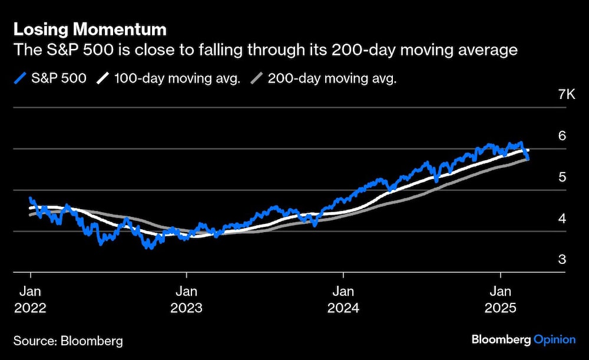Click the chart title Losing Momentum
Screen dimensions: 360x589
pos(90,29)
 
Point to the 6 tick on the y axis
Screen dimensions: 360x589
pos(562,136)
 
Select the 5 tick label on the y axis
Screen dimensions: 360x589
pos(562,177)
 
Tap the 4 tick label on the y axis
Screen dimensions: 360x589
pos(562,218)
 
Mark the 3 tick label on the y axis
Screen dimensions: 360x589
pos(562,259)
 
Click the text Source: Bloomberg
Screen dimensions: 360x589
pos(68,340)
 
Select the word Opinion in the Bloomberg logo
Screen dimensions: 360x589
pos(555,339)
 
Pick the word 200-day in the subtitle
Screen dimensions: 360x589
pos(353,50)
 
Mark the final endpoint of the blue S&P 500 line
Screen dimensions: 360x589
pos(528,159)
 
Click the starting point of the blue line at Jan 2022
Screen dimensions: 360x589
pos(30,199)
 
